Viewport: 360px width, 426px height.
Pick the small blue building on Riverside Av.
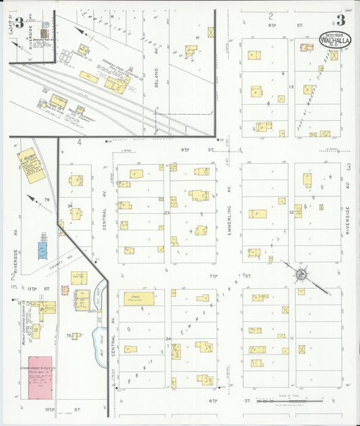(43, 247)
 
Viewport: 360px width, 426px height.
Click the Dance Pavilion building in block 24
(138, 298)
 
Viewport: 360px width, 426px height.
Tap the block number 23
(166, 213)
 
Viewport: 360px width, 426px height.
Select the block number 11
(292, 337)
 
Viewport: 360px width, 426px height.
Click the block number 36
(69, 205)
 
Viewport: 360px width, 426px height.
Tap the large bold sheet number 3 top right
(340, 20)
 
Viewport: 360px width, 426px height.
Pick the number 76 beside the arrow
(47, 200)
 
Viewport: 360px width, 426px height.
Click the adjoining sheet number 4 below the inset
(79, 142)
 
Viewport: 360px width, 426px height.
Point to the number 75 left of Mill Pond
(68, 336)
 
